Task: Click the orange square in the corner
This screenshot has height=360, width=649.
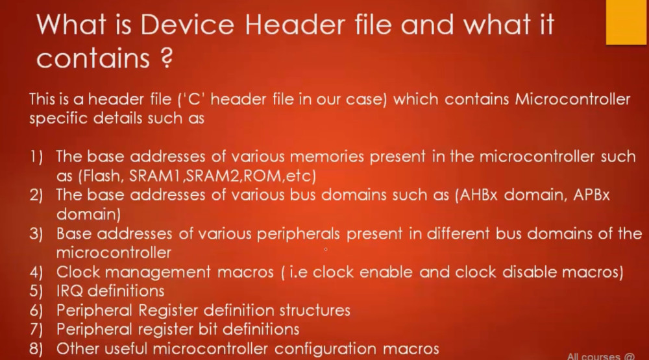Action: tap(627, 22)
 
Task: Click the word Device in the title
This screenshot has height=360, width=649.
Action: tap(187, 25)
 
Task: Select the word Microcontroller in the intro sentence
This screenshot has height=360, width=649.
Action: tap(572, 99)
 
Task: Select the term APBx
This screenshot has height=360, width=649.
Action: tap(591, 195)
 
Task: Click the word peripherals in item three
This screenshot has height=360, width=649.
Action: tap(298, 234)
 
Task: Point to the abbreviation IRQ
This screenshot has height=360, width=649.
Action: tap(69, 291)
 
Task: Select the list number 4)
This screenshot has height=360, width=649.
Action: tap(36, 272)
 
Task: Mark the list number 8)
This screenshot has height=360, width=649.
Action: tap(36, 349)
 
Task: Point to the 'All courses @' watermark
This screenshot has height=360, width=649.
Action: tap(600, 356)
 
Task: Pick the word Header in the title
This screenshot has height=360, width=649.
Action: tap(295, 25)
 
